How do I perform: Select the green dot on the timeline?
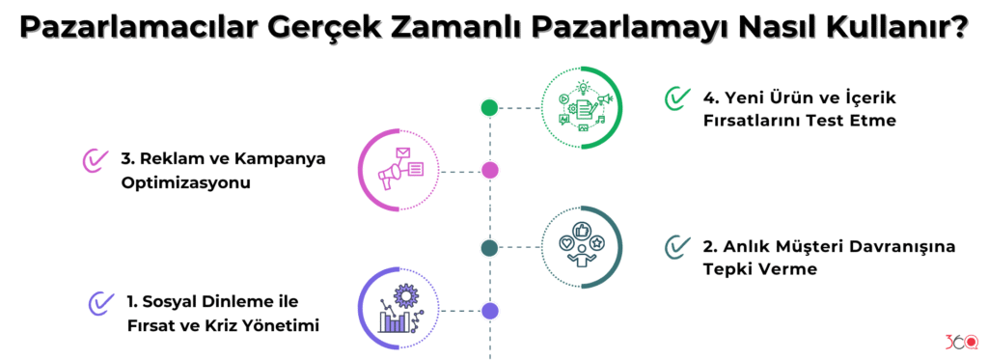click(489, 107)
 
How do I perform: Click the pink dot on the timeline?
click(489, 171)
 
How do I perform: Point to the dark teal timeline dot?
click(489, 248)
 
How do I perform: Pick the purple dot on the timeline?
click(489, 311)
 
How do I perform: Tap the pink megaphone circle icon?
click(398, 171)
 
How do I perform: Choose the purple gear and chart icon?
click(398, 310)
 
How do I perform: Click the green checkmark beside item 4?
click(677, 98)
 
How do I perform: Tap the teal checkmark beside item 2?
click(677, 247)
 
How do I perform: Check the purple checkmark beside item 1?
click(100, 303)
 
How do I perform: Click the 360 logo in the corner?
click(961, 341)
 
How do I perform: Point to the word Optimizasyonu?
click(180, 183)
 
